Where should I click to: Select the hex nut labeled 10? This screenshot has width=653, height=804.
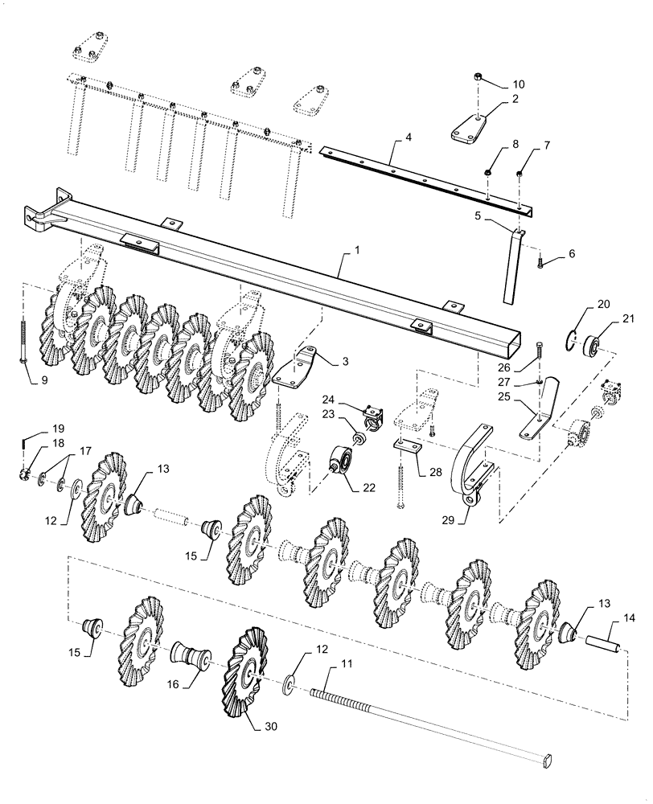pos(478,77)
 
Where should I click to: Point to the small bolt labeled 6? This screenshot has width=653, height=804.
pos(541,260)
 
